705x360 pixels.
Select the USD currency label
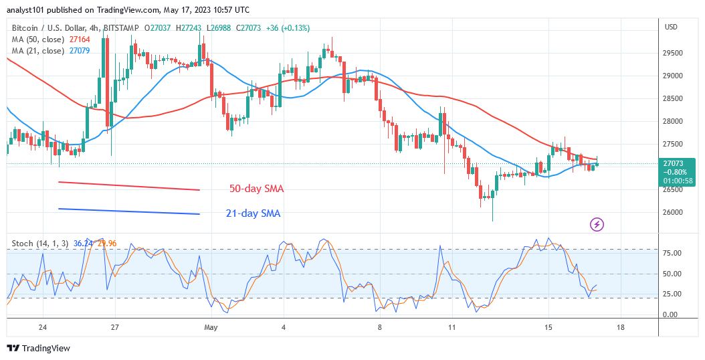671,27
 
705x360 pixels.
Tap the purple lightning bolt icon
597,225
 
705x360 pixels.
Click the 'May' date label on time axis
211,328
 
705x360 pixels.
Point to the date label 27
114,328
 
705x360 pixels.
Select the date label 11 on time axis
452,328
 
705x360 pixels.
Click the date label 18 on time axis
621,328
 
